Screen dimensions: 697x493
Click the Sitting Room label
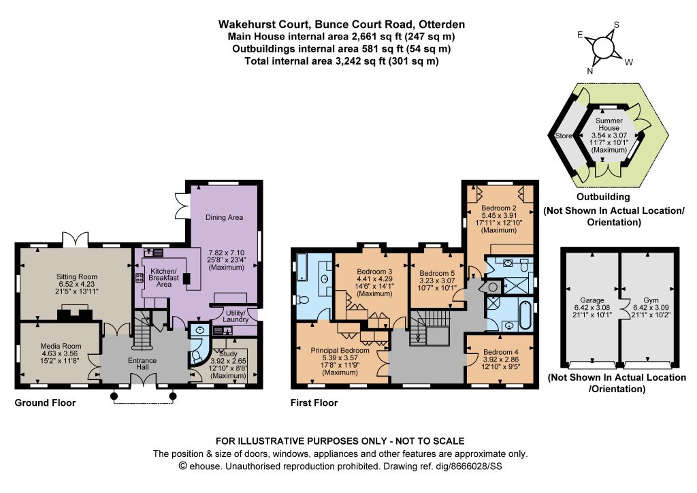click(76, 276)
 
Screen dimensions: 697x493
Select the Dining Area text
click(224, 217)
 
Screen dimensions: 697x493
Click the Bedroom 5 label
click(437, 273)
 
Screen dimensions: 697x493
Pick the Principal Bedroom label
click(340, 350)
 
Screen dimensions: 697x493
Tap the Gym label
click(651, 300)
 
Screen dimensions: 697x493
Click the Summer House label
click(609, 124)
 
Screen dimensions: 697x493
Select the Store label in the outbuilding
click(564, 136)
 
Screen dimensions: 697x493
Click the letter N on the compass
click(590, 71)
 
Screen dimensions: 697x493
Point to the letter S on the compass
click(616, 25)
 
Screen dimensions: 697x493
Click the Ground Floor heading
click(46, 402)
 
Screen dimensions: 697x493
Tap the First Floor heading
click(314, 402)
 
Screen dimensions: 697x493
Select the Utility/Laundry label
click(236, 316)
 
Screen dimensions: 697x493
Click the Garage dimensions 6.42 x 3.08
click(591, 307)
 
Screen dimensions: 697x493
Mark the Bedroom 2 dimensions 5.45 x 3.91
click(499, 215)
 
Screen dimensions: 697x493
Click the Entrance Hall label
click(142, 364)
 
